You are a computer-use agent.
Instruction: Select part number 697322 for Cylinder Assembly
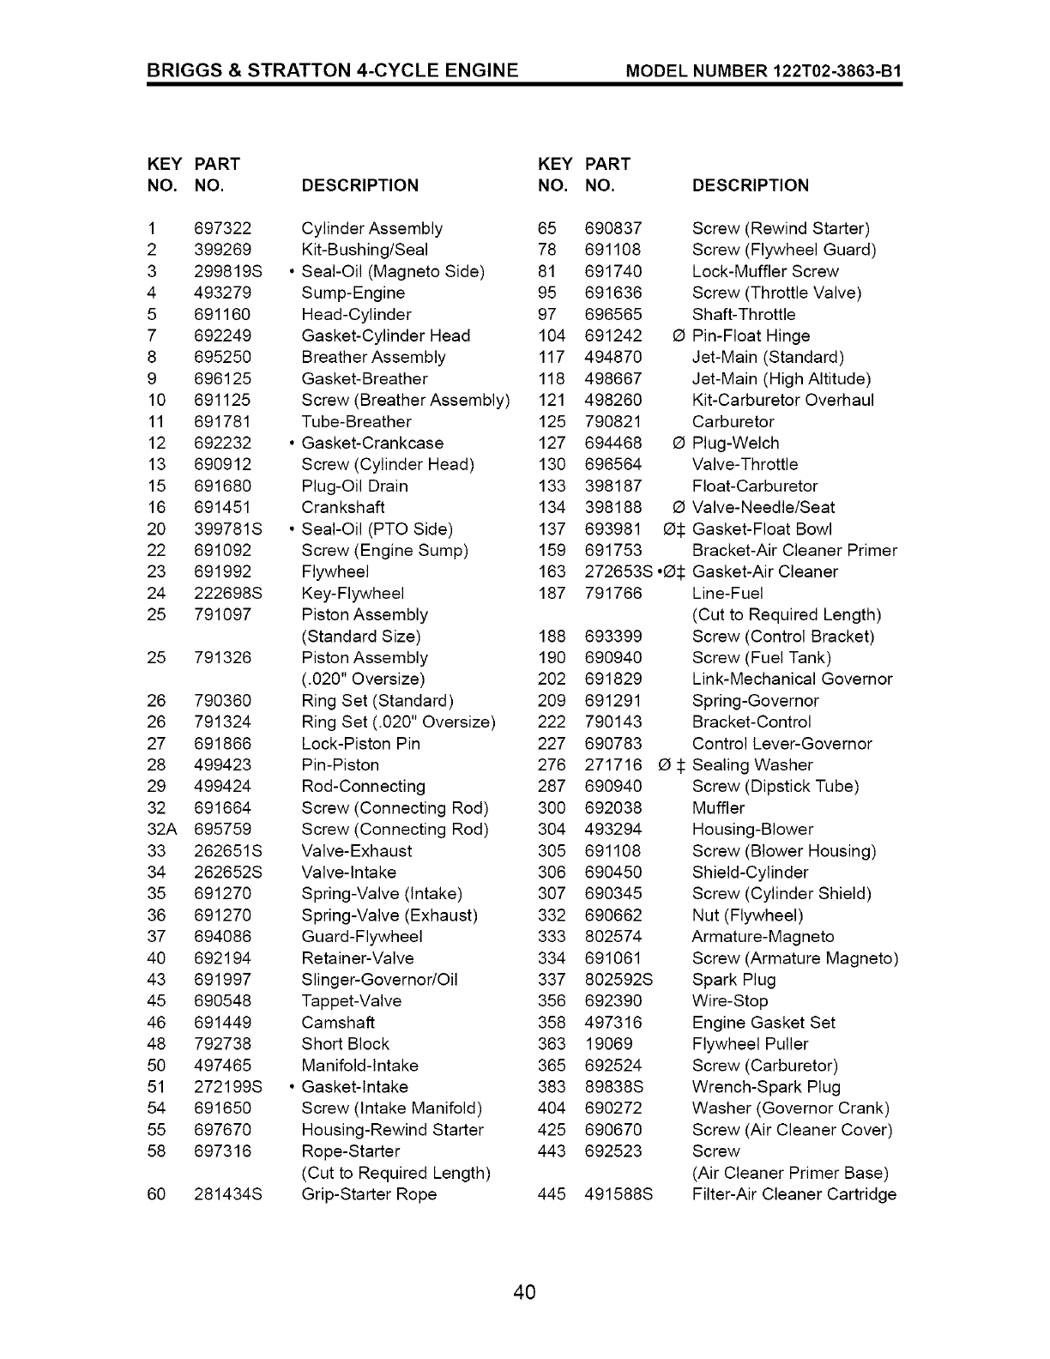[x=222, y=228]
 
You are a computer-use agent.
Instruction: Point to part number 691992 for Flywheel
[x=222, y=571]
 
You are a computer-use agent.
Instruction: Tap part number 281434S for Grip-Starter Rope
[x=227, y=1193]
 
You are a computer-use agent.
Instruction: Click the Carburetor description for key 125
[x=733, y=421]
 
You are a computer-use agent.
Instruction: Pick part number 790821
[x=612, y=421]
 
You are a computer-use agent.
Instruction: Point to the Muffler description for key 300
[x=718, y=807]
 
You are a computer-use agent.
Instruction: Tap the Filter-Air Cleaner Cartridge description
[x=794, y=1193]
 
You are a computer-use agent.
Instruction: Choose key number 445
[x=552, y=1193]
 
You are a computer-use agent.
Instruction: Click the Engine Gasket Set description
[x=763, y=1022]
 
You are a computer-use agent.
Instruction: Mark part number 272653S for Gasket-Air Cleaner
[x=618, y=571]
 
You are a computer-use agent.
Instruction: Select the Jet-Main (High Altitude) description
[x=781, y=378]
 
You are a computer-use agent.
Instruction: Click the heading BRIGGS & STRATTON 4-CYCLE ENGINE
[x=333, y=69]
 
